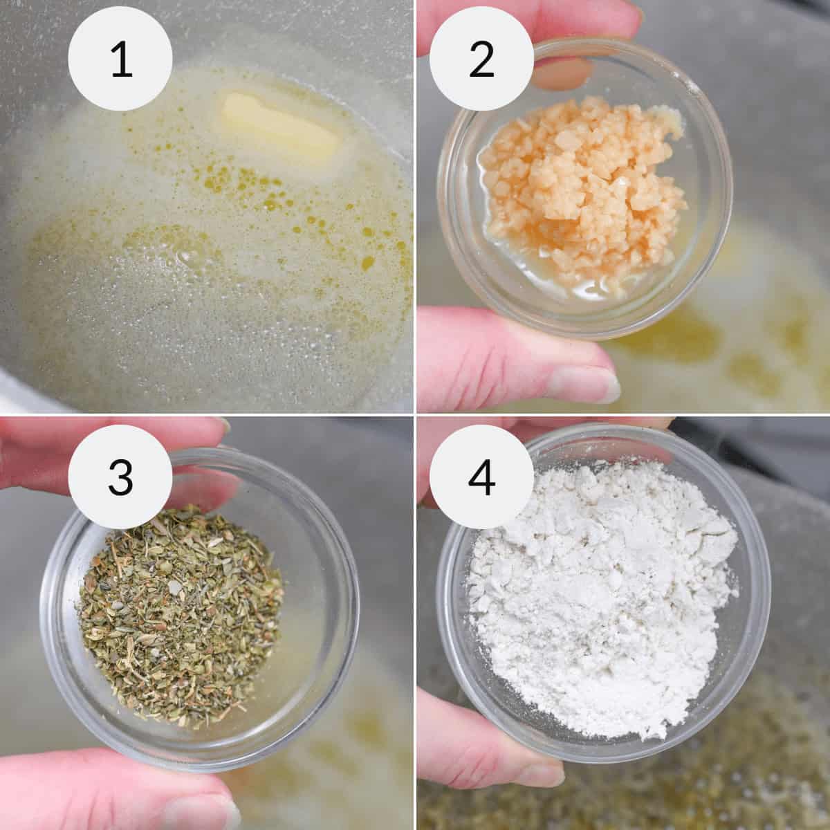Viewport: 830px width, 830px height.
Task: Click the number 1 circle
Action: (121, 61)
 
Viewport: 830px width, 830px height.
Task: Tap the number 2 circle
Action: (481, 61)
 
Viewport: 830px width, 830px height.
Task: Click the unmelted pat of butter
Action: (280, 124)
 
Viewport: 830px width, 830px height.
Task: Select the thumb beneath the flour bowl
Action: (484, 747)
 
